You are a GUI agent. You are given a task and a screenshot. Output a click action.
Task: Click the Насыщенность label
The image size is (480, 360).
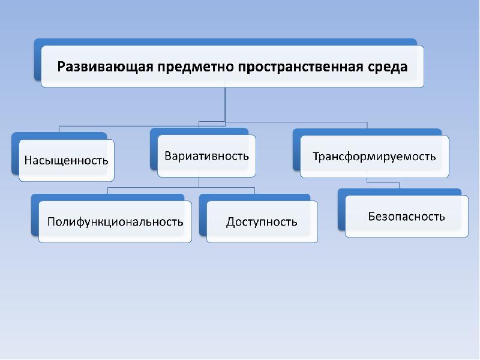click(66, 160)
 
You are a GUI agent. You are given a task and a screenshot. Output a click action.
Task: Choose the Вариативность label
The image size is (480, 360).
click(206, 156)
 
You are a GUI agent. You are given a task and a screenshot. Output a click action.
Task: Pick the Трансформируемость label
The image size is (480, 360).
click(374, 157)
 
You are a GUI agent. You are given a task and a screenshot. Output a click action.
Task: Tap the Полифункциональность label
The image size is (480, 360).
click(115, 221)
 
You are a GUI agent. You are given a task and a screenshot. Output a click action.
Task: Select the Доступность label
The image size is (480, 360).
click(262, 222)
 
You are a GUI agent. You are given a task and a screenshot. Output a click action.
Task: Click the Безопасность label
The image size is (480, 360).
click(406, 216)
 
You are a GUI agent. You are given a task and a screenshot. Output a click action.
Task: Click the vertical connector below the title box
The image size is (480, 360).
click(225, 105)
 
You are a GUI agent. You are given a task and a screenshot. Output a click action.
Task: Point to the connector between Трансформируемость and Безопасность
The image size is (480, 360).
click(367, 182)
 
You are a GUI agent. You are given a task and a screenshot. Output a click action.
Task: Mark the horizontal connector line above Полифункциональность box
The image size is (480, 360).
click(150, 187)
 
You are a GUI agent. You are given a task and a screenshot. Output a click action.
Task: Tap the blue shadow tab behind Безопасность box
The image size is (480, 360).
click(341, 210)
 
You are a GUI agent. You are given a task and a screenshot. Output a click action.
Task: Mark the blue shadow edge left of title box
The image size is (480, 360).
click(37, 60)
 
